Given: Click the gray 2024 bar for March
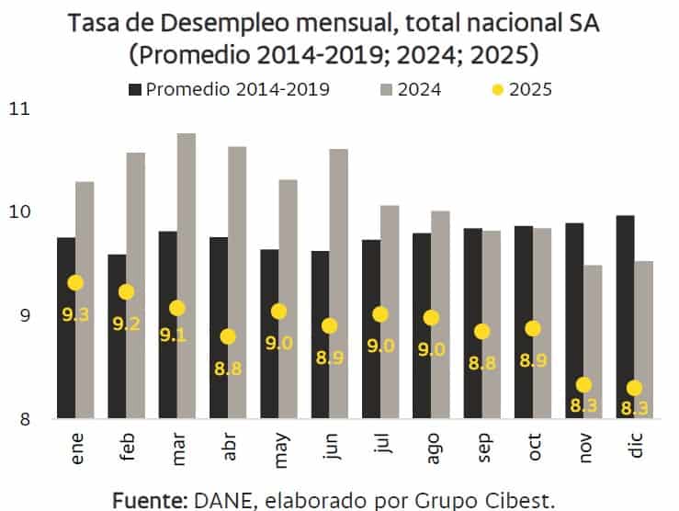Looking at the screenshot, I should click(x=186, y=276).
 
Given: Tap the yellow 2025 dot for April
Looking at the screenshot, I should click(x=228, y=336).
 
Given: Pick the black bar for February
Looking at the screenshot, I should click(x=117, y=336).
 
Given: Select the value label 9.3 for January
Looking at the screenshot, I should click(x=75, y=313).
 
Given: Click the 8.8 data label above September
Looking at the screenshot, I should click(x=481, y=362).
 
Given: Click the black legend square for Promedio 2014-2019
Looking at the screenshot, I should click(x=135, y=89).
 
